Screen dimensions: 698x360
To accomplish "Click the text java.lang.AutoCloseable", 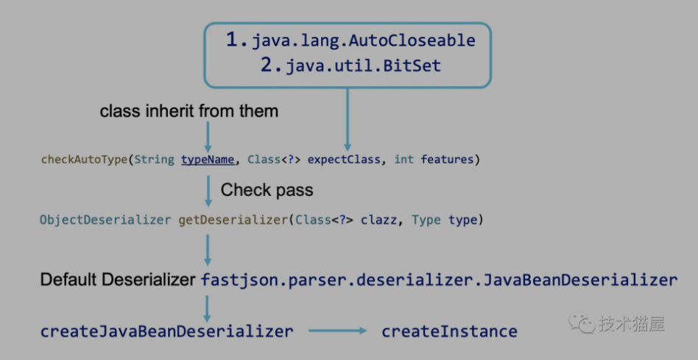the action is click(364, 41).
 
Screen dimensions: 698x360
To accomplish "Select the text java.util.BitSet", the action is click(363, 66).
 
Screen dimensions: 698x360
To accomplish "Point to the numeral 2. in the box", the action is click(271, 65).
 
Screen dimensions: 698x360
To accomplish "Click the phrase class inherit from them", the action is click(188, 111).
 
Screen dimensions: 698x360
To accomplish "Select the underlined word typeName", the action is click(208, 159).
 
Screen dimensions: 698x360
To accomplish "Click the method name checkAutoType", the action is click(84, 159).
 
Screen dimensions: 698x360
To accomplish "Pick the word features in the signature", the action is click(447, 159).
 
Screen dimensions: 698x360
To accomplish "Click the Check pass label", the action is click(267, 190).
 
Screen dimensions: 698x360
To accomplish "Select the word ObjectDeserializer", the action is click(105, 220).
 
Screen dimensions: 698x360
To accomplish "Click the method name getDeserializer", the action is click(233, 220).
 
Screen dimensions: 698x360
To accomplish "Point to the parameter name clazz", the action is click(379, 220).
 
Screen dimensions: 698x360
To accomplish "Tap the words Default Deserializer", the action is click(118, 280).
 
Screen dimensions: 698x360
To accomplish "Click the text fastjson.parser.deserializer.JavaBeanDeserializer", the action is click(439, 280).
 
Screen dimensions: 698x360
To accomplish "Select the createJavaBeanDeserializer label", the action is click(167, 331).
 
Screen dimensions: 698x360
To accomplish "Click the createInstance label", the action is click(449, 331).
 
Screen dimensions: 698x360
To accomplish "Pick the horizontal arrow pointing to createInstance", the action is click(337, 331).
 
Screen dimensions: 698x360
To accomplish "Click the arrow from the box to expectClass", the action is click(348, 119).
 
